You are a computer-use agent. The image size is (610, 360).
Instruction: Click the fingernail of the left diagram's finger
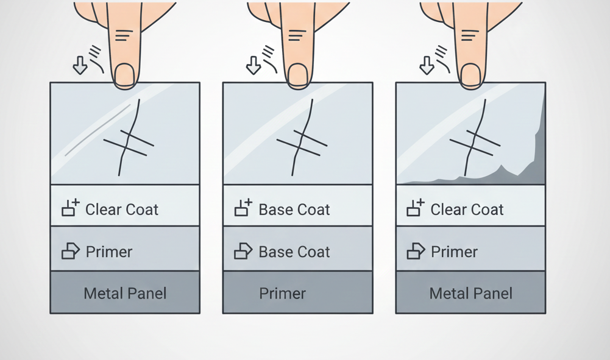(x=125, y=75)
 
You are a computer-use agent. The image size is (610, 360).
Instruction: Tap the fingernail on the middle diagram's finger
(x=298, y=75)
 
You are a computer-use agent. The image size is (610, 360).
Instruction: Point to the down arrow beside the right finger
(x=427, y=65)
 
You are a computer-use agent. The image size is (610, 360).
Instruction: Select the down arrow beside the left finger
(x=80, y=65)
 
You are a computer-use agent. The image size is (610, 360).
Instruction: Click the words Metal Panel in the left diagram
(x=125, y=294)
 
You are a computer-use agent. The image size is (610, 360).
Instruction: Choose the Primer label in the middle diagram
(x=282, y=294)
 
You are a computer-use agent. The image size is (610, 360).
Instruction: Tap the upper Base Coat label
(x=294, y=210)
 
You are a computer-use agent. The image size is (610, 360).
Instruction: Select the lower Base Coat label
(x=294, y=252)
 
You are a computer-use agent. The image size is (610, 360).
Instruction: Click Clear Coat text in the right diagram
(x=467, y=210)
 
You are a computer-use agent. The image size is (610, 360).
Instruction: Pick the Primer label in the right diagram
(x=454, y=252)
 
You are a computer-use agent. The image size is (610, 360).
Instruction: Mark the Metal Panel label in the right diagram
(x=470, y=294)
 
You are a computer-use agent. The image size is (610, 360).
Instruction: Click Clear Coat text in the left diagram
(x=122, y=210)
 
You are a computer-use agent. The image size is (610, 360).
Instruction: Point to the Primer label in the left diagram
(x=109, y=252)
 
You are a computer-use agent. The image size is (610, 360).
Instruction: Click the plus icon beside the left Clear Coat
(x=71, y=208)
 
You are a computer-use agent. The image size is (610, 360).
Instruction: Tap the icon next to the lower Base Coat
(x=244, y=251)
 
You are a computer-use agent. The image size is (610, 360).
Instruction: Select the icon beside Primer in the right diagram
(x=416, y=251)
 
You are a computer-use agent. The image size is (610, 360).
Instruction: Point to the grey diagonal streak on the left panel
(x=98, y=130)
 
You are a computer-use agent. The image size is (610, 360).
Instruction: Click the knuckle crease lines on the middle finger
(x=297, y=35)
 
